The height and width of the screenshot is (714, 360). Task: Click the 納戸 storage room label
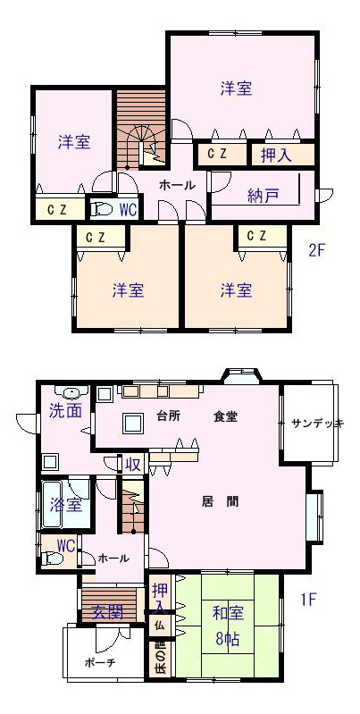click(263, 196)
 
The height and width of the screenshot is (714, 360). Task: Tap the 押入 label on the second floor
click(276, 155)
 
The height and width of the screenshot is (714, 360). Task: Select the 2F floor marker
click(317, 251)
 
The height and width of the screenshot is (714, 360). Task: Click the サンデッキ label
click(317, 423)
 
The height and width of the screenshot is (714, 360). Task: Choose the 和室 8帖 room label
click(228, 626)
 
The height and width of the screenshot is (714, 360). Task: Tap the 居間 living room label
click(220, 502)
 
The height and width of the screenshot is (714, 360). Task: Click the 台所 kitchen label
click(167, 416)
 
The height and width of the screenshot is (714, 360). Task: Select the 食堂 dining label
click(225, 416)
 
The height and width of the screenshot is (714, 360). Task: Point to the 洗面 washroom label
click(65, 411)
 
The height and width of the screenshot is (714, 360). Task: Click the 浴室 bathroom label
click(66, 505)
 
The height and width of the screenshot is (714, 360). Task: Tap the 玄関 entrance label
click(107, 612)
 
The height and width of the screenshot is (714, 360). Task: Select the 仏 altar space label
click(159, 625)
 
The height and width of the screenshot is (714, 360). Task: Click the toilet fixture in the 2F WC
click(102, 209)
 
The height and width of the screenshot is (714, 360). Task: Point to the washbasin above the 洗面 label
click(71, 392)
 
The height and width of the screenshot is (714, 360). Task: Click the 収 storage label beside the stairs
click(132, 465)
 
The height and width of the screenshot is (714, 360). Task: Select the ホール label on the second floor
click(177, 185)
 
